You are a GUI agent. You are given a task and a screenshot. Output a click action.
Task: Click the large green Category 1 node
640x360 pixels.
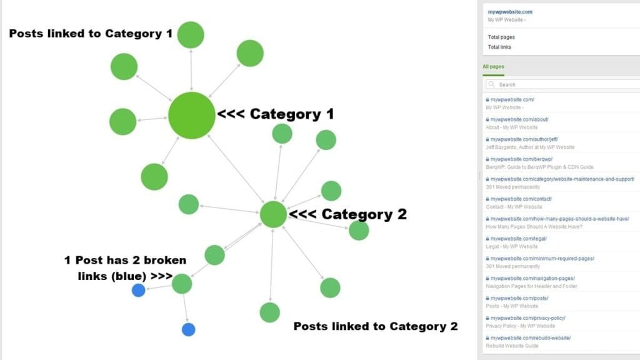(192, 116)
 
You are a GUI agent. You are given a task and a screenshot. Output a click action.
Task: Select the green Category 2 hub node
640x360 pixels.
(273, 214)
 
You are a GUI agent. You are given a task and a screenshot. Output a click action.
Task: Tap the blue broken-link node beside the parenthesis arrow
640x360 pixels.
(139, 290)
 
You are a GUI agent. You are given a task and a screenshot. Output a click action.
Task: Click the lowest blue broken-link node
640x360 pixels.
(189, 329)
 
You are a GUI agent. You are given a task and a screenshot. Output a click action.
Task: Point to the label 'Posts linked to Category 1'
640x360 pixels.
(91, 33)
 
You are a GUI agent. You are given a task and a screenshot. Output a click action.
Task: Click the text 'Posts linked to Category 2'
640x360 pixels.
(375, 326)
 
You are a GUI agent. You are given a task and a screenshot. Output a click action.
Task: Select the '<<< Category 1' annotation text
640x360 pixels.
(275, 114)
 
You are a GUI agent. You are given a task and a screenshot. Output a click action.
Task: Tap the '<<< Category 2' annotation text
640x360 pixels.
(348, 214)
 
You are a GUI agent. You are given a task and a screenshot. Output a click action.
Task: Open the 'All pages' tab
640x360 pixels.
(493, 66)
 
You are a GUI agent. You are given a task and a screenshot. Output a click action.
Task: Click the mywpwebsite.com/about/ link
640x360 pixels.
(511, 119)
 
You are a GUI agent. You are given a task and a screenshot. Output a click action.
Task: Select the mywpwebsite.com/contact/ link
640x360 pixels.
(512, 199)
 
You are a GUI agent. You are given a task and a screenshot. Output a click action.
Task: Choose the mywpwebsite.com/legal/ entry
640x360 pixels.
(509, 239)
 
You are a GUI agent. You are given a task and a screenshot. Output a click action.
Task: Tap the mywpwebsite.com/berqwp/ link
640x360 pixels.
(512, 159)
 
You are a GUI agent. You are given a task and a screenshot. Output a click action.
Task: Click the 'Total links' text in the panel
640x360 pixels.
(499, 47)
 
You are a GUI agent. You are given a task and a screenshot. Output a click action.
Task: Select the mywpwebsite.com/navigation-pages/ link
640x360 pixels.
(532, 278)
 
